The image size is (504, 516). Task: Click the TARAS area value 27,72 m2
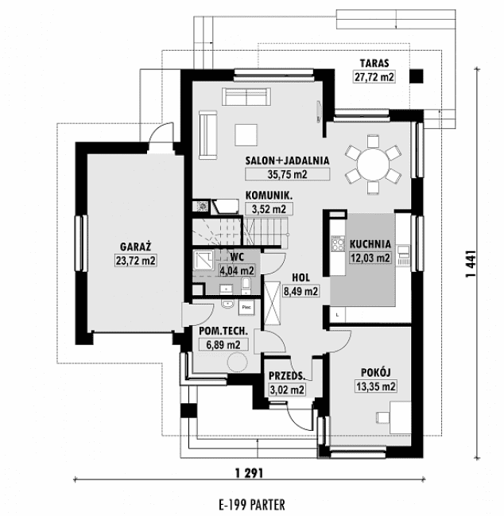click(374, 77)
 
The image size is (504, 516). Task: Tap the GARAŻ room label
click(137, 246)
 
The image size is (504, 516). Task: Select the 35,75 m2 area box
click(276, 173)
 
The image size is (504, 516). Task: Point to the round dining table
click(372, 165)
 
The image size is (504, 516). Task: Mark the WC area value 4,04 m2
click(236, 270)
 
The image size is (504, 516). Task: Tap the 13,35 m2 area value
click(375, 387)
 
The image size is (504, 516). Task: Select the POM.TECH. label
click(223, 331)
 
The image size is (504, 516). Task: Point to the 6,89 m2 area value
click(223, 344)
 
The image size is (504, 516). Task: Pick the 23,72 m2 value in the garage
click(136, 260)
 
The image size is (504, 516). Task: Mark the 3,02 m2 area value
click(286, 390)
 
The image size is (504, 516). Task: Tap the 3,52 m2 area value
click(268, 209)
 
